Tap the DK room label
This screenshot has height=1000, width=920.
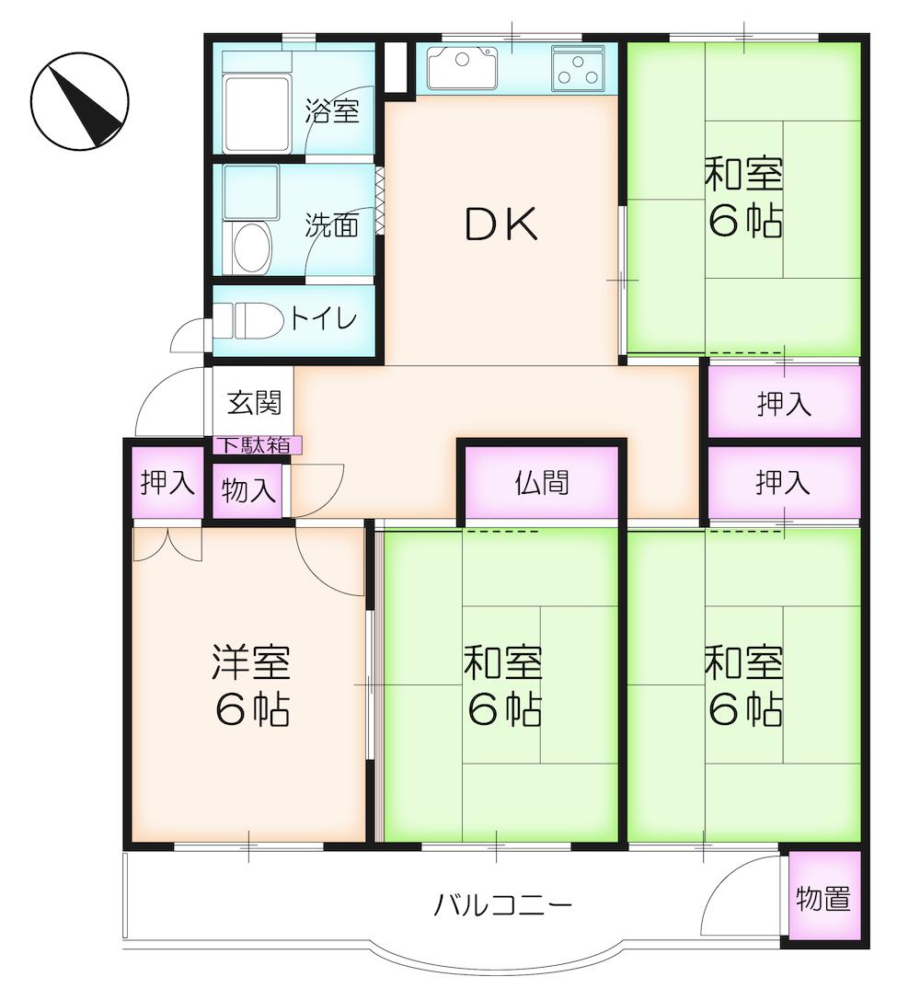pyautogui.click(x=500, y=224)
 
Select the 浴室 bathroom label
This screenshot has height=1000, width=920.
pyautogui.click(x=332, y=112)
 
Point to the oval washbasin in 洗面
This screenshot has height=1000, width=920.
pyautogui.click(x=249, y=247)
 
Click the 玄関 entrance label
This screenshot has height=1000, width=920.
pyautogui.click(x=254, y=403)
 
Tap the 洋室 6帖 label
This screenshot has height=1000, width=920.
pyautogui.click(x=251, y=685)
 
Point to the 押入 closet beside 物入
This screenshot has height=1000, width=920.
pyautogui.click(x=166, y=483)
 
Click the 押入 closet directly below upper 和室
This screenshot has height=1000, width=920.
pyautogui.click(x=784, y=402)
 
